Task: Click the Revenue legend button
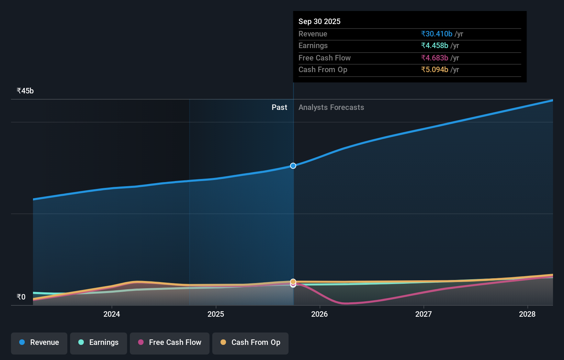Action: (39, 342)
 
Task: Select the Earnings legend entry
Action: (99, 342)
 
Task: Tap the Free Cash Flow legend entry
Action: (170, 342)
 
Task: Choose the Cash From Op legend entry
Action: (250, 342)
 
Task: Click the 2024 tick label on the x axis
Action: (112, 314)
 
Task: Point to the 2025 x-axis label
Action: (216, 314)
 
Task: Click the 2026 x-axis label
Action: (319, 314)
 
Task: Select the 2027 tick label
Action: (424, 314)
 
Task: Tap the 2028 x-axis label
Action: (527, 314)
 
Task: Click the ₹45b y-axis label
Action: (25, 91)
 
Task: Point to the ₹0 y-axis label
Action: (21, 297)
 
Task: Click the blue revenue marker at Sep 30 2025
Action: (293, 166)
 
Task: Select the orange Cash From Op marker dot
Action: (293, 282)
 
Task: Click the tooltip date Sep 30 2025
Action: (319, 21)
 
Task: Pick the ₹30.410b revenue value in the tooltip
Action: (437, 34)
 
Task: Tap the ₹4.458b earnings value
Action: (435, 46)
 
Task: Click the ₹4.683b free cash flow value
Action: (435, 58)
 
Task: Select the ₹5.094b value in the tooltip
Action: (435, 70)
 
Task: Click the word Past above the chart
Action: (279, 108)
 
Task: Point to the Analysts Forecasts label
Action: (331, 108)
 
